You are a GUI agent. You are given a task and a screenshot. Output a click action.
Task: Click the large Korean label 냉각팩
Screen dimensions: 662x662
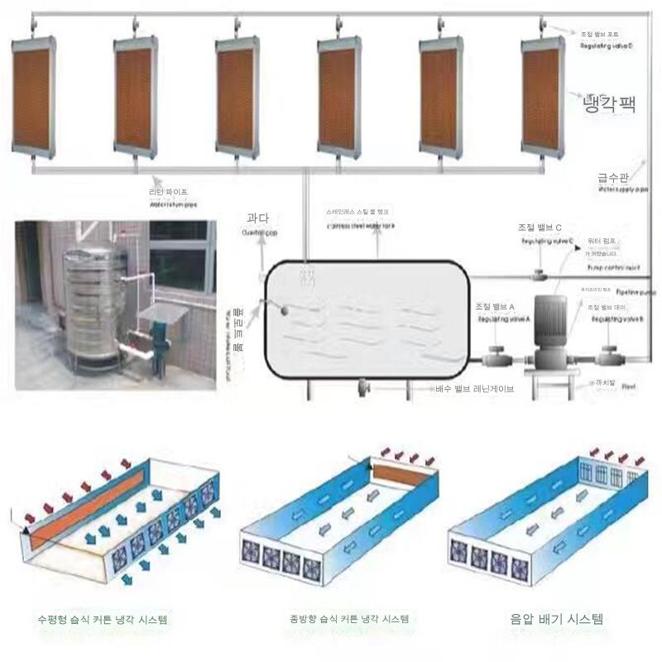(609, 103)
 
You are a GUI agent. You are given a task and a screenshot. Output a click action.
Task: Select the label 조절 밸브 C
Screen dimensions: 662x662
(540, 227)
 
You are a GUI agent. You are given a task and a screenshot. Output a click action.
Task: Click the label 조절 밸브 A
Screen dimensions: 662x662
(495, 306)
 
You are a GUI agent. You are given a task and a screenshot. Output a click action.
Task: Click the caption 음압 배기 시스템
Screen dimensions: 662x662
(557, 618)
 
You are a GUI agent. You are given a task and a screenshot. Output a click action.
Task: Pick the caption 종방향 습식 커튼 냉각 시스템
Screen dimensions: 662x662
(349, 619)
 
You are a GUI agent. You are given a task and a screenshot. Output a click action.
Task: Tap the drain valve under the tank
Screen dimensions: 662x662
(363, 386)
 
